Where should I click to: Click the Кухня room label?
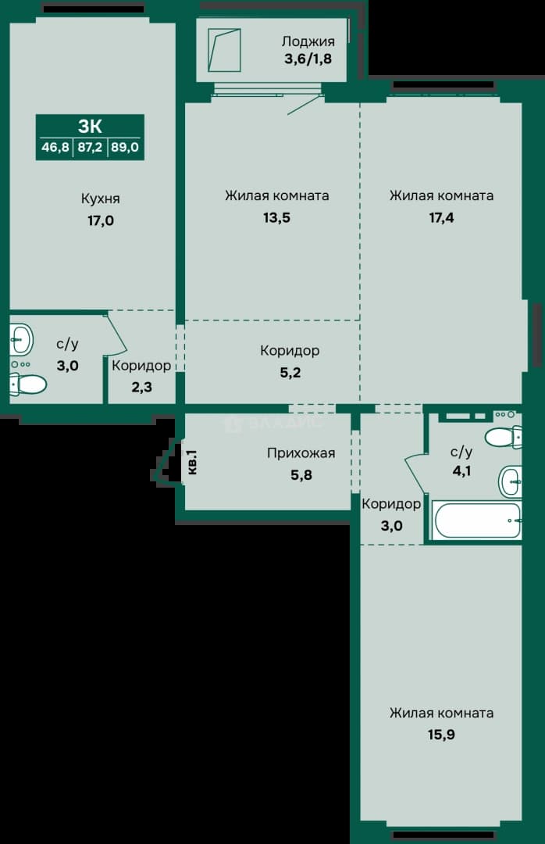(x=101, y=199)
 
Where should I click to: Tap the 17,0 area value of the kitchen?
(x=101, y=220)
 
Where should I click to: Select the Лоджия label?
(x=308, y=42)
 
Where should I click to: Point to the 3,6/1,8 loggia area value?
(x=308, y=59)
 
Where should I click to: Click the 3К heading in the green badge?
(x=90, y=127)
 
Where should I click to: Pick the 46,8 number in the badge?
(x=55, y=147)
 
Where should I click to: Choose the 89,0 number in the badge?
(x=125, y=147)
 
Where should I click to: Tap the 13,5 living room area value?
(x=277, y=217)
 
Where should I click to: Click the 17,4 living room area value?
(x=441, y=217)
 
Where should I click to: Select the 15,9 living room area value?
(x=441, y=734)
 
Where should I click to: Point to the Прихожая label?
(x=301, y=454)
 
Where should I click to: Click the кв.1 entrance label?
(x=193, y=463)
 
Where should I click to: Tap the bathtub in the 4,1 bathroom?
(x=476, y=520)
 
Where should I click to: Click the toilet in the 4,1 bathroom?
(x=504, y=437)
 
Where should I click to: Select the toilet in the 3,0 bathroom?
(x=27, y=384)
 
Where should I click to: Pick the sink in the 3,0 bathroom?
(x=21, y=340)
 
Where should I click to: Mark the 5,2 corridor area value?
(x=290, y=373)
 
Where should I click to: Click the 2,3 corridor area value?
(x=141, y=387)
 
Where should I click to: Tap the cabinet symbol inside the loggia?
(x=224, y=50)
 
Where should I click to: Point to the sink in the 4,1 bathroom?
(x=511, y=481)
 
